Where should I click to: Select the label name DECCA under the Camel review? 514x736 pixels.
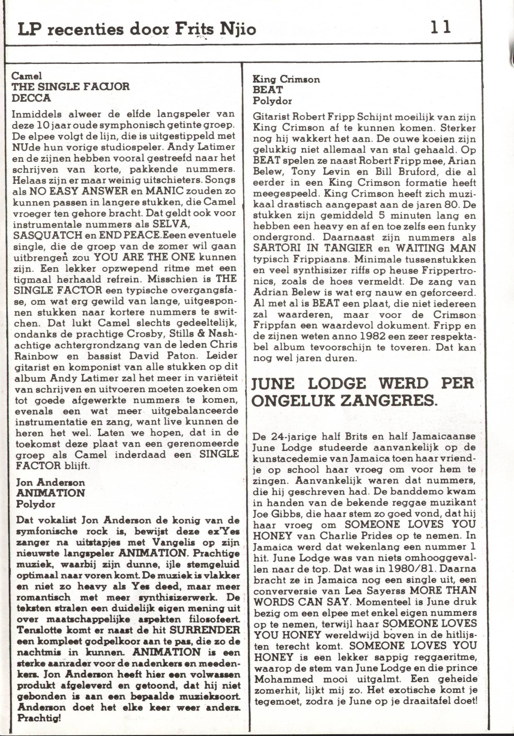31,98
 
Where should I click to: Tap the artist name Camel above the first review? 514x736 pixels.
27,76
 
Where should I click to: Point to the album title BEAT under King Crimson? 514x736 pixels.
268,90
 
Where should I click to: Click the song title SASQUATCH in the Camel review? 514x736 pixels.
47,235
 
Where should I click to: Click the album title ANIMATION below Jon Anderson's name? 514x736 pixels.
50,493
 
